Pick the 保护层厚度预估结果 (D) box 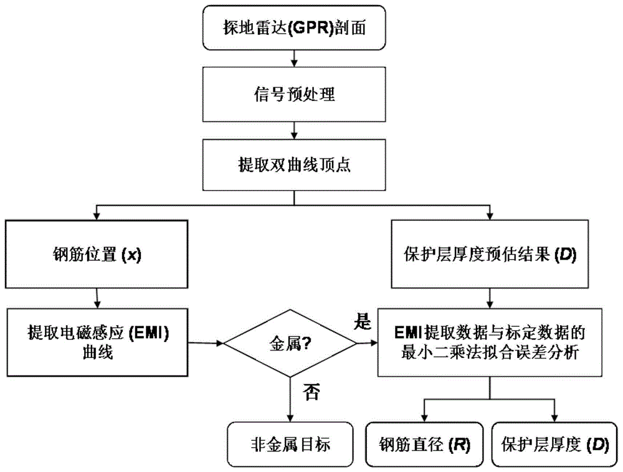point(490,254)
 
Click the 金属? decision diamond point(290,342)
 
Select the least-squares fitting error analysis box point(490,342)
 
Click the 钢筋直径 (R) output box point(424,444)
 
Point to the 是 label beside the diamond point(362,322)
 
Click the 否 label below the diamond point(311,390)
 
